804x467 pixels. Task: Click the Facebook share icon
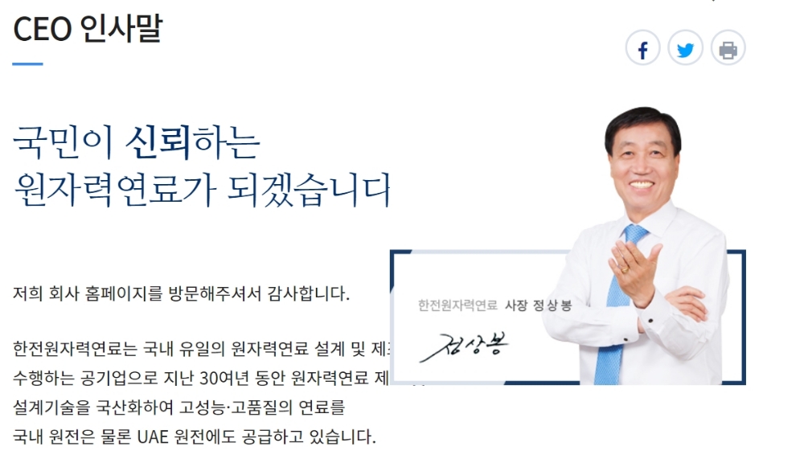click(x=643, y=50)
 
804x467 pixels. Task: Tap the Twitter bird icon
click(x=686, y=50)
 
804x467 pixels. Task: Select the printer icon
click(x=728, y=50)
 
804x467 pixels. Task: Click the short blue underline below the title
click(x=27, y=63)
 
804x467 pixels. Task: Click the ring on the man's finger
click(x=624, y=269)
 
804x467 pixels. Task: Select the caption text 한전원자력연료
click(x=457, y=305)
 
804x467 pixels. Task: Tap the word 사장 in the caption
click(x=515, y=305)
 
